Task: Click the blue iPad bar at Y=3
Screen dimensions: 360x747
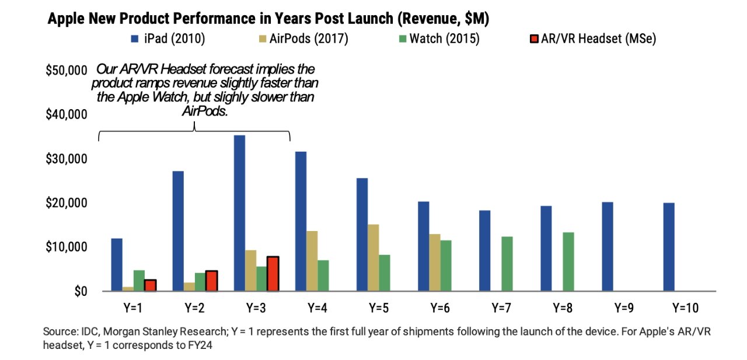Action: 239,213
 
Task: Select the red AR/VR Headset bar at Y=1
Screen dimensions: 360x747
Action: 151,285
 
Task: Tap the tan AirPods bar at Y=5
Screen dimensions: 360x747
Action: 373,257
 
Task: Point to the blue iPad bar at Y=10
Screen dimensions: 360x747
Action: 669,247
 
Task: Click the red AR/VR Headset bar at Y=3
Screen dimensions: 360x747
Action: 273,273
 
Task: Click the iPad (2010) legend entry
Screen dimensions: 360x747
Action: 169,39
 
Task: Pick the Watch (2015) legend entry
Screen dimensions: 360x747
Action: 444,39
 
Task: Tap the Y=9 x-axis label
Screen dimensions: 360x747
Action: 623,307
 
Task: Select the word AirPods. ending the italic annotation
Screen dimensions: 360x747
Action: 204,111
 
